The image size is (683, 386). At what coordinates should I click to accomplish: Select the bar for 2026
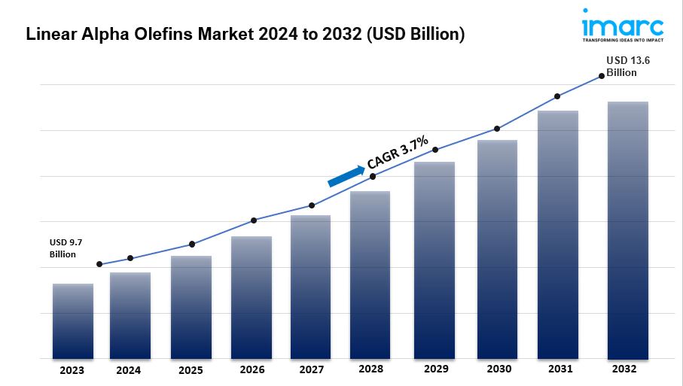(252, 297)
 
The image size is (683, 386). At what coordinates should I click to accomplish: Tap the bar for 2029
(434, 260)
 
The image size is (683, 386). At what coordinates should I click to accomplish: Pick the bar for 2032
(628, 229)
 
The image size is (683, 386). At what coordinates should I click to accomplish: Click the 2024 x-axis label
(129, 370)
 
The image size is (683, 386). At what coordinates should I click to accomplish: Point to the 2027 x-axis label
(311, 370)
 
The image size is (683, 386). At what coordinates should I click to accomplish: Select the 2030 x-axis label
(499, 369)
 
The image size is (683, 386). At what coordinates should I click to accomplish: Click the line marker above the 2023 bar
(99, 264)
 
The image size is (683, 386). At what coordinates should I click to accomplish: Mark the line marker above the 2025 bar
(192, 244)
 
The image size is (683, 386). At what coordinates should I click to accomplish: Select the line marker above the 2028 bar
(373, 176)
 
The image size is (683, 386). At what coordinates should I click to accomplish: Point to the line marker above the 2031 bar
(557, 96)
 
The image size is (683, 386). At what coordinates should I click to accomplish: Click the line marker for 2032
(601, 75)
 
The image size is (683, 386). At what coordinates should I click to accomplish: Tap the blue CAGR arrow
(346, 175)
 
